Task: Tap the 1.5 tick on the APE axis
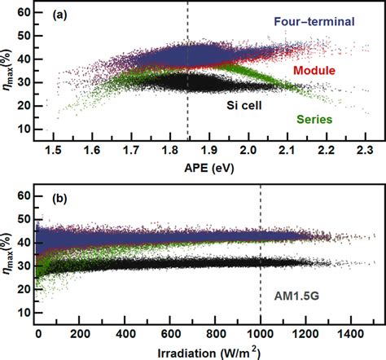(x=54, y=151)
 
